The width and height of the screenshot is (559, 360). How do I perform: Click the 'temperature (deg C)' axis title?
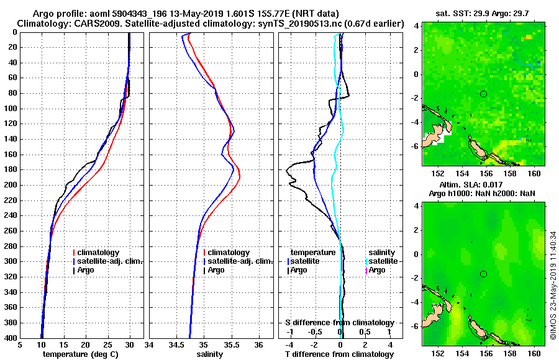80,354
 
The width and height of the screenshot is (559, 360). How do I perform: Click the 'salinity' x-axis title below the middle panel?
211,354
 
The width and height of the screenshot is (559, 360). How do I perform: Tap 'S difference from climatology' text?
339,323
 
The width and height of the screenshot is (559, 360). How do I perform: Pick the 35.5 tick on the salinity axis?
231,344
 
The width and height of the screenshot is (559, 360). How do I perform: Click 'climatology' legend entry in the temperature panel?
99,253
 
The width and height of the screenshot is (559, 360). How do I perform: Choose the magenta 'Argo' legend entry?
376,270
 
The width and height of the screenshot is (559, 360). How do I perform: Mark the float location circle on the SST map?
483,94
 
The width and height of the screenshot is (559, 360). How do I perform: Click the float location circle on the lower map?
483,274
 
